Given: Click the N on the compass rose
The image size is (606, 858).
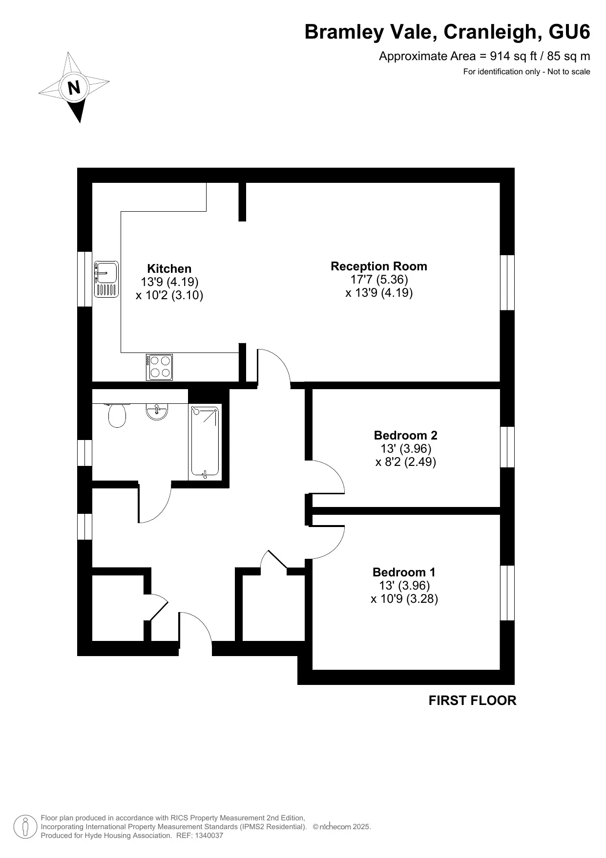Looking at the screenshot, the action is tap(74, 88).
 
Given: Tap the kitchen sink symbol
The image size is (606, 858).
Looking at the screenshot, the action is tap(106, 279).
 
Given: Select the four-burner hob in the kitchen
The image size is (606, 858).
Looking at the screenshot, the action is tap(159, 367).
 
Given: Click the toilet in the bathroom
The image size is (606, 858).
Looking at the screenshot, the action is tap(117, 415).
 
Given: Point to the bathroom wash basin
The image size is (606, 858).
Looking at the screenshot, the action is tap(157, 411).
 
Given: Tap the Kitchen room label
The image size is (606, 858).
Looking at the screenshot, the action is tap(169, 268).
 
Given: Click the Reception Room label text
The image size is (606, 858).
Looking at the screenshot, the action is tap(379, 266).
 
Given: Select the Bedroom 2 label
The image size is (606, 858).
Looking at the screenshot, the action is tap(406, 435).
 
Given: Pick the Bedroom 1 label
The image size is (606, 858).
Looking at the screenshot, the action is tap(404, 572).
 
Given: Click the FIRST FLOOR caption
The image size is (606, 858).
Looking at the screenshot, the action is tap(472, 701).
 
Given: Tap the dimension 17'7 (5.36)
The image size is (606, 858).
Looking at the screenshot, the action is tap(379, 279).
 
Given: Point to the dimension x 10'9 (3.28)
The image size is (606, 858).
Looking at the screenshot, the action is tap(404, 599).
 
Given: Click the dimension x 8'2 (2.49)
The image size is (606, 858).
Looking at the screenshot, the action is tap(406, 462).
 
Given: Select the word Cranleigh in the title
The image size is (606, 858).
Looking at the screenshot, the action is tap(493, 32).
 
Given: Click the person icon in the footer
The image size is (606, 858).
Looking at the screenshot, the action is tap(25, 827).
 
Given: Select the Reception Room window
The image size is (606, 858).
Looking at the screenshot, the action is tap(507, 283).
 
